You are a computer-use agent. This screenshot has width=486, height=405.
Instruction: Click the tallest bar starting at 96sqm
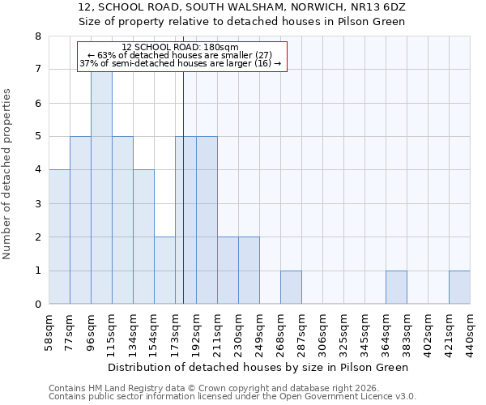(x=101, y=188)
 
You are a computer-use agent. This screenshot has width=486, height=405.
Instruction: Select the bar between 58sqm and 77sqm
(x=59, y=237)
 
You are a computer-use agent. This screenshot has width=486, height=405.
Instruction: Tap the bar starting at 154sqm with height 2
(x=164, y=271)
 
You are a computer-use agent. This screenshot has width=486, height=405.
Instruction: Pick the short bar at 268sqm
(x=291, y=288)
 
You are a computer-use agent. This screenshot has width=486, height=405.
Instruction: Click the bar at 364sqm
(x=396, y=288)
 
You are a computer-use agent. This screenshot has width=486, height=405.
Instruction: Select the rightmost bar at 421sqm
(x=459, y=288)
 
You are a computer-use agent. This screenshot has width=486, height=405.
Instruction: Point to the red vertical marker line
(x=184, y=202)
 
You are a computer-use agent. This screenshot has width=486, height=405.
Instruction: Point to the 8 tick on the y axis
(x=37, y=36)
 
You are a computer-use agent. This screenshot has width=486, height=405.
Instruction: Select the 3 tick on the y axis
(x=37, y=204)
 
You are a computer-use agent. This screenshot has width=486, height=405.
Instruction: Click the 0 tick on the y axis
(x=37, y=305)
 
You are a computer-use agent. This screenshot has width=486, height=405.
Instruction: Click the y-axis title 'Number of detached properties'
(x=7, y=175)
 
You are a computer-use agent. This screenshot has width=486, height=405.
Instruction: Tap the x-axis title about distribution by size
(x=258, y=367)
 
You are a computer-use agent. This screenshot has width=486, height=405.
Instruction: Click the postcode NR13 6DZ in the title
(x=381, y=7)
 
